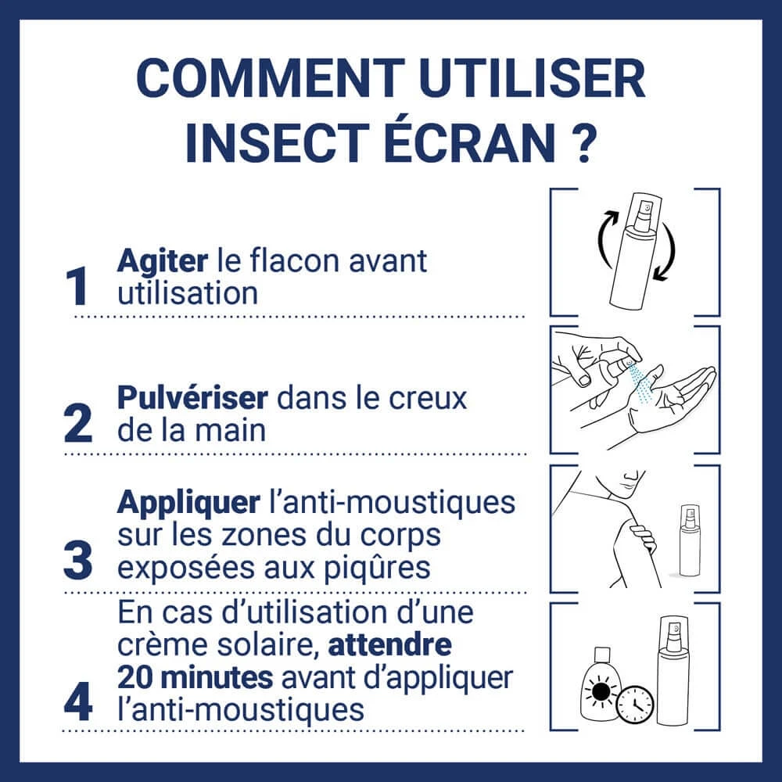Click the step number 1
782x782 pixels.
coord(77,286)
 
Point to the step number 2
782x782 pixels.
coord(78,423)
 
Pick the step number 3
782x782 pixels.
coord(77,560)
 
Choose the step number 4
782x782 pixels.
coord(78,702)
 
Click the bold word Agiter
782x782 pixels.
coord(163,262)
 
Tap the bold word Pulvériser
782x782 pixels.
coord(192,398)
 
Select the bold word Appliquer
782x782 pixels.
coord(188,504)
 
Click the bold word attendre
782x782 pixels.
coord(390,645)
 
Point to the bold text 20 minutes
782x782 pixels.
coord(195,677)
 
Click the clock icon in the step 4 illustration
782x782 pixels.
coord(635,705)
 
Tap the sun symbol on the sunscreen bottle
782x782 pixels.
coord(601,691)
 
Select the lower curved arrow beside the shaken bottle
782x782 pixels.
coord(666,252)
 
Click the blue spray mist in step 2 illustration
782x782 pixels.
coord(642,382)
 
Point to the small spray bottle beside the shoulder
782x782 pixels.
coord(690,540)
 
